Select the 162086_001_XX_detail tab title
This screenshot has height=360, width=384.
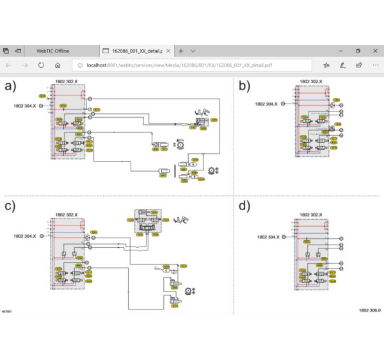(x=134, y=51)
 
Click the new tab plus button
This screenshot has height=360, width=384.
(x=181, y=51)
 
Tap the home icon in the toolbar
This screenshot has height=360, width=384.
(x=58, y=65)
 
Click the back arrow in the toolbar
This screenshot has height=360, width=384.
(x=8, y=65)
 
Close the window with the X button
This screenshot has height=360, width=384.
(x=374, y=51)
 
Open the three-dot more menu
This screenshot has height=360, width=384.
(x=375, y=65)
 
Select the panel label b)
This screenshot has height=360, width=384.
(x=244, y=85)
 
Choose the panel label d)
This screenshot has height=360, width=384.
(x=244, y=206)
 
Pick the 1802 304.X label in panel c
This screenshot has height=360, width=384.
(x=25, y=236)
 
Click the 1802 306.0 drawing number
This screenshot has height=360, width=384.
(x=369, y=310)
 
